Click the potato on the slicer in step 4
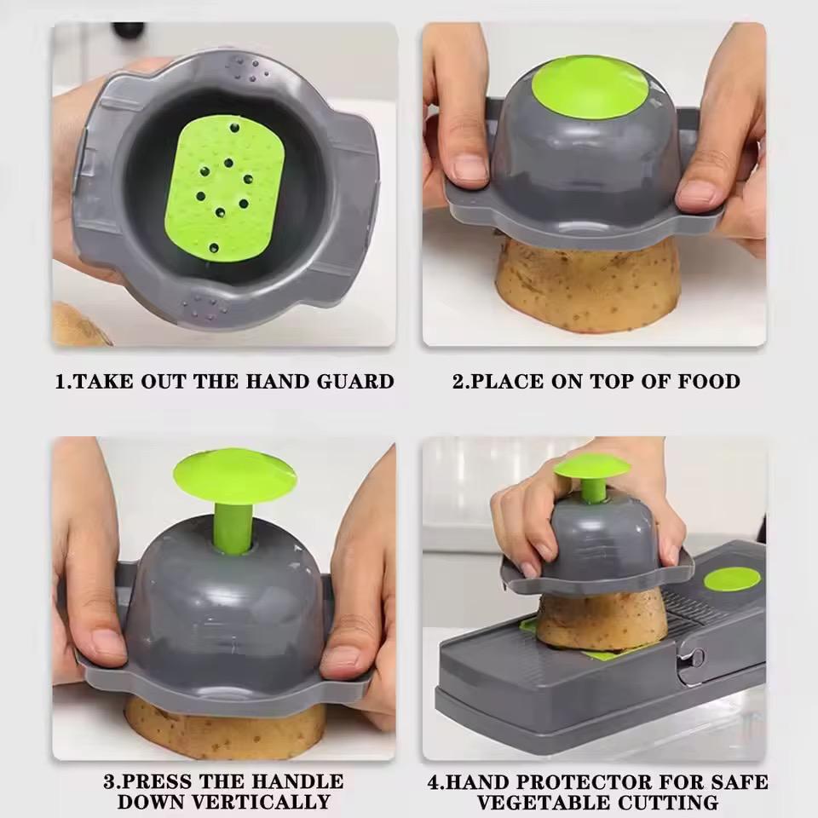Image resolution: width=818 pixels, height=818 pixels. click(x=601, y=618)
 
